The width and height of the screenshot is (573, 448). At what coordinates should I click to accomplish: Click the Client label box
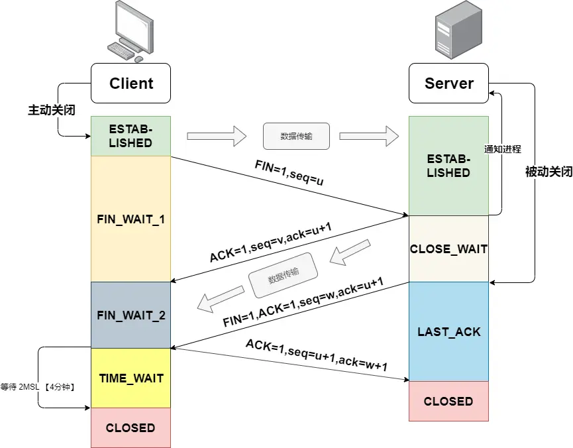coord(130,84)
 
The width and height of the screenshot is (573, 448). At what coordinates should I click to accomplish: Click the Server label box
coord(448,84)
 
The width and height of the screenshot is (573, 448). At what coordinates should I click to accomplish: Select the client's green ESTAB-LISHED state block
coord(130,136)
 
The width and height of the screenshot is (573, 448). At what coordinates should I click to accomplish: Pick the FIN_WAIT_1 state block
coord(130,218)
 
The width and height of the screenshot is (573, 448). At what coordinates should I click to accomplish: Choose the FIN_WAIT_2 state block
coord(130,315)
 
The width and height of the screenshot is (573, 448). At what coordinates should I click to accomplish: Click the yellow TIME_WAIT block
coord(130,378)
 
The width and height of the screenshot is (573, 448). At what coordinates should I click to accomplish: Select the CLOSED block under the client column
coord(130,427)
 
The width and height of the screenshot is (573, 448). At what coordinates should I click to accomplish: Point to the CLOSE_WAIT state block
coord(448,249)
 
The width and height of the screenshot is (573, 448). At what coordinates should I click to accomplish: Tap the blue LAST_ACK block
coord(448,331)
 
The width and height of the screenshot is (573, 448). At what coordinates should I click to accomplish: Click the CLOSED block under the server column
coord(448,401)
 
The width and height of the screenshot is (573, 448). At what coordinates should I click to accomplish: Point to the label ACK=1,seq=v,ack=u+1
coord(270,242)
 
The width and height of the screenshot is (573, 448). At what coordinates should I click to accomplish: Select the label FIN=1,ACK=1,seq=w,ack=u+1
coord(303,302)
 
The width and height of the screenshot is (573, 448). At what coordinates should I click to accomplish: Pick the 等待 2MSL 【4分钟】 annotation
coord(36,386)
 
